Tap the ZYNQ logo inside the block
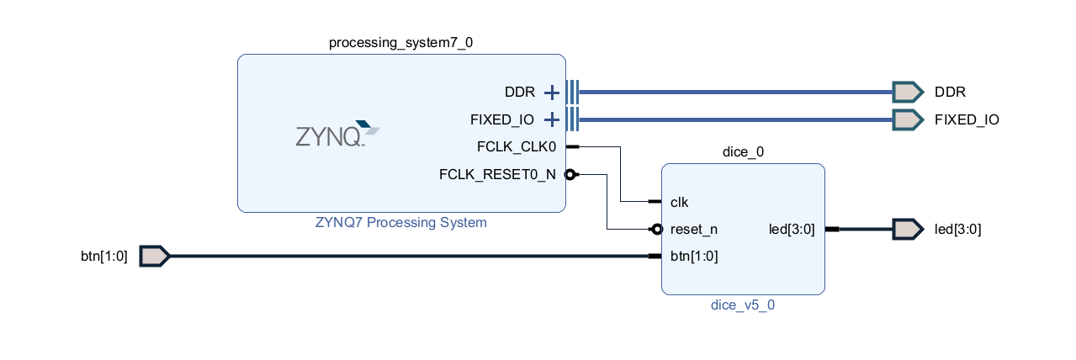337,134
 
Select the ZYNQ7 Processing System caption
400,223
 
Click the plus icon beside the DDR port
551,92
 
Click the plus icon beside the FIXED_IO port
551,119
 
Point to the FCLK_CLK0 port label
516,147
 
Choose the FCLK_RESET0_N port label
497,175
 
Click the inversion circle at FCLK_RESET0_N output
570,175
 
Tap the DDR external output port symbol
908,92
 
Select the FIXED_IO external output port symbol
908,119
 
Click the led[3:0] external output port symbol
908,229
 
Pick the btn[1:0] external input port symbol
154,256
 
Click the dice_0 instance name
743,152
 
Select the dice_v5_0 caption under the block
743,305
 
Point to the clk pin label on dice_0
681,202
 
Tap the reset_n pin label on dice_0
694,229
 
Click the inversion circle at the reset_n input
656,229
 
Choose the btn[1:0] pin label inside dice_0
694,256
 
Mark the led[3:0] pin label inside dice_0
792,229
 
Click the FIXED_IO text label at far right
967,119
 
